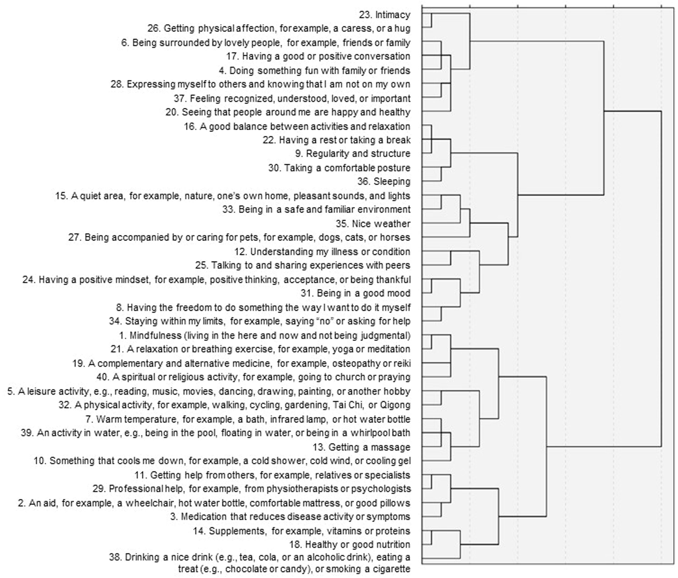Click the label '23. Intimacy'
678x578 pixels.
[x=384, y=15]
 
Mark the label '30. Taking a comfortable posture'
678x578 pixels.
[x=339, y=168]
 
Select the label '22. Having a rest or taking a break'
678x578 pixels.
[x=336, y=140]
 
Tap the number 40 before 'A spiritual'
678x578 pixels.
[x=102, y=377]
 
